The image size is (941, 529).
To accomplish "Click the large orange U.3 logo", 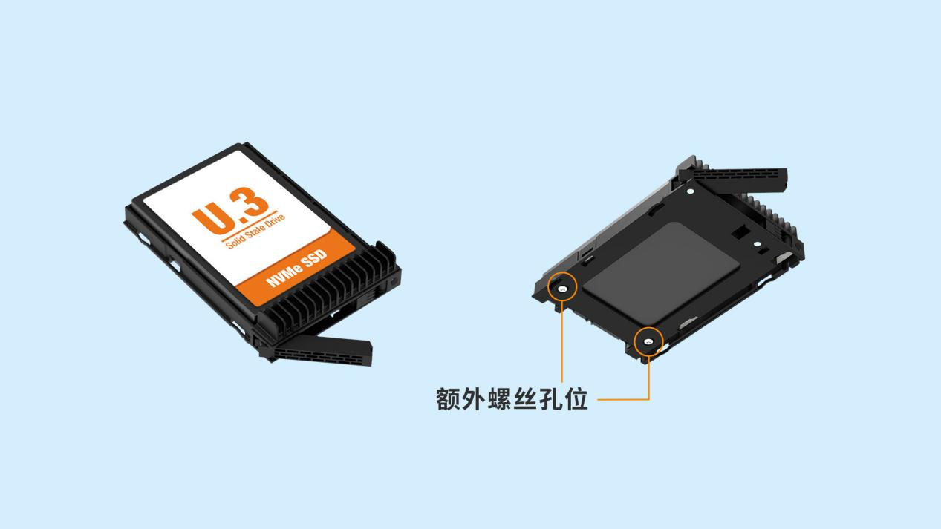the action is click(230, 211).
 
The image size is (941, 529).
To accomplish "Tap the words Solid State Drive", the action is click(255, 231).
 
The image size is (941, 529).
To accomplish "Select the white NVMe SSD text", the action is click(296, 268).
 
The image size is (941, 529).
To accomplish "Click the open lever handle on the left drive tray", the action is click(319, 350).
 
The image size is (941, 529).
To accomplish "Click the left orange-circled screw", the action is click(562, 289).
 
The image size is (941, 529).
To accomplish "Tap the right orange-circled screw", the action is click(648, 343).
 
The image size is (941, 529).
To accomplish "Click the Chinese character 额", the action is click(448, 398).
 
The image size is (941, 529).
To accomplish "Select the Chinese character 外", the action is click(473, 398).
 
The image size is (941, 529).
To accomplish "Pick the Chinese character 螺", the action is click(499, 398).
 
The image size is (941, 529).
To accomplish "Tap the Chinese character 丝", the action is click(524, 398).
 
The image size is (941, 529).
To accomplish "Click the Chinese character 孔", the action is click(550, 398).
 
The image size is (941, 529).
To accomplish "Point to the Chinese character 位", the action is click(576, 398).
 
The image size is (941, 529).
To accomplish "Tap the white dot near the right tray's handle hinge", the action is click(690, 191).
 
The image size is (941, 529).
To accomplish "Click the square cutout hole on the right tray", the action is click(740, 231).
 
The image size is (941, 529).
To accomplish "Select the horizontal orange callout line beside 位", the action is click(623, 399).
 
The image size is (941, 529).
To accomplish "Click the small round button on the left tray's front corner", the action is click(393, 282).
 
